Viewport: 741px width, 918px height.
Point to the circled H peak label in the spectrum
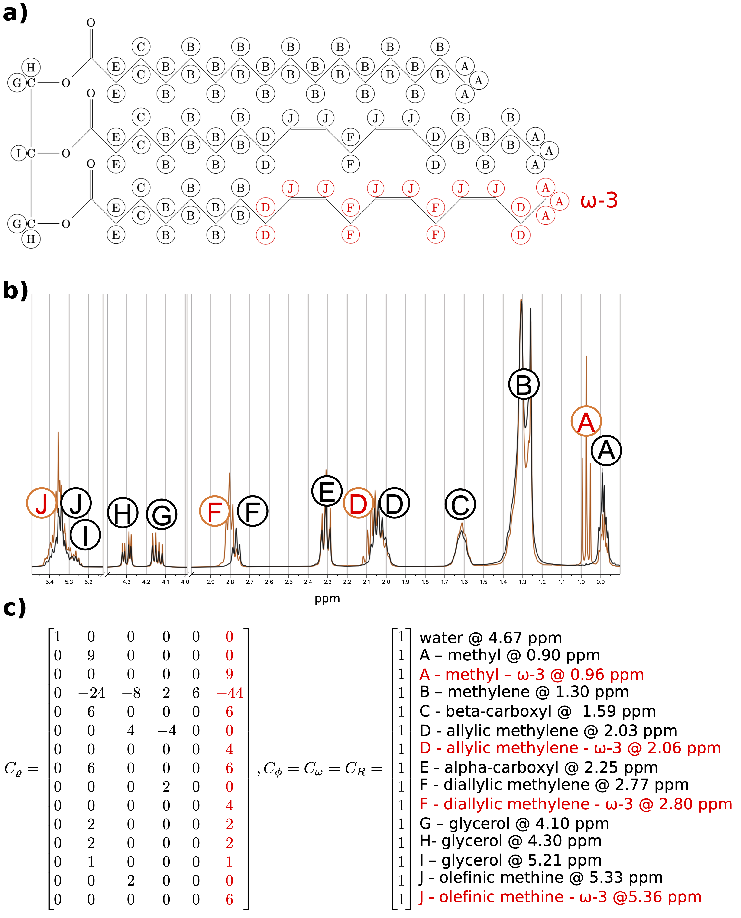pos(123,513)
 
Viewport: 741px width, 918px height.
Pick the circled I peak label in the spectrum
pos(85,535)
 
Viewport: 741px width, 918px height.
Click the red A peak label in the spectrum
pos(586,422)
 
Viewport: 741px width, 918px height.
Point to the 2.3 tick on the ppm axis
pos(327,582)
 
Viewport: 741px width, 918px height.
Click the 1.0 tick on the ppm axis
pos(581,582)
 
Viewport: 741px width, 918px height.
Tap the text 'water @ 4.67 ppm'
pos(490,638)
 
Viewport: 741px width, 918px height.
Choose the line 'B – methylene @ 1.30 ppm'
pos(524,692)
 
